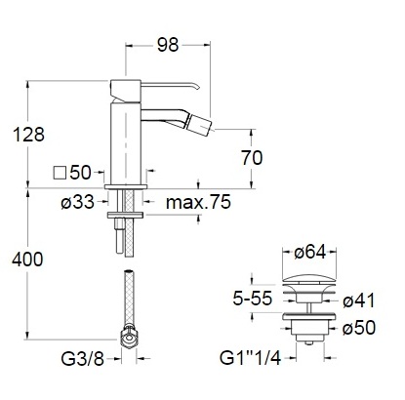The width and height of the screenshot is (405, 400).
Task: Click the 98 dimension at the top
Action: click(x=168, y=45)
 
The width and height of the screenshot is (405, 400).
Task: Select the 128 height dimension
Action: click(x=28, y=134)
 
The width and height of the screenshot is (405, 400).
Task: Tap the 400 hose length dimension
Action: click(x=27, y=260)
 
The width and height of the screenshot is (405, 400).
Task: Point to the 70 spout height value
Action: click(x=252, y=158)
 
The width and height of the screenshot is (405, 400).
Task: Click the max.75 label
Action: click(x=198, y=202)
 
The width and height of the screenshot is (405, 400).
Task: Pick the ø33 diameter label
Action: click(x=77, y=202)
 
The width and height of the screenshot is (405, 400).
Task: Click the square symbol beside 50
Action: click(x=60, y=173)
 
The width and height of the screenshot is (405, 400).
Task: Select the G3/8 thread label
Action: click(x=82, y=359)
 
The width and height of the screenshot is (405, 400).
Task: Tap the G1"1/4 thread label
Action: click(x=250, y=358)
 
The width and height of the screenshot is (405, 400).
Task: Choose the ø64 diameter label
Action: click(x=309, y=252)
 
